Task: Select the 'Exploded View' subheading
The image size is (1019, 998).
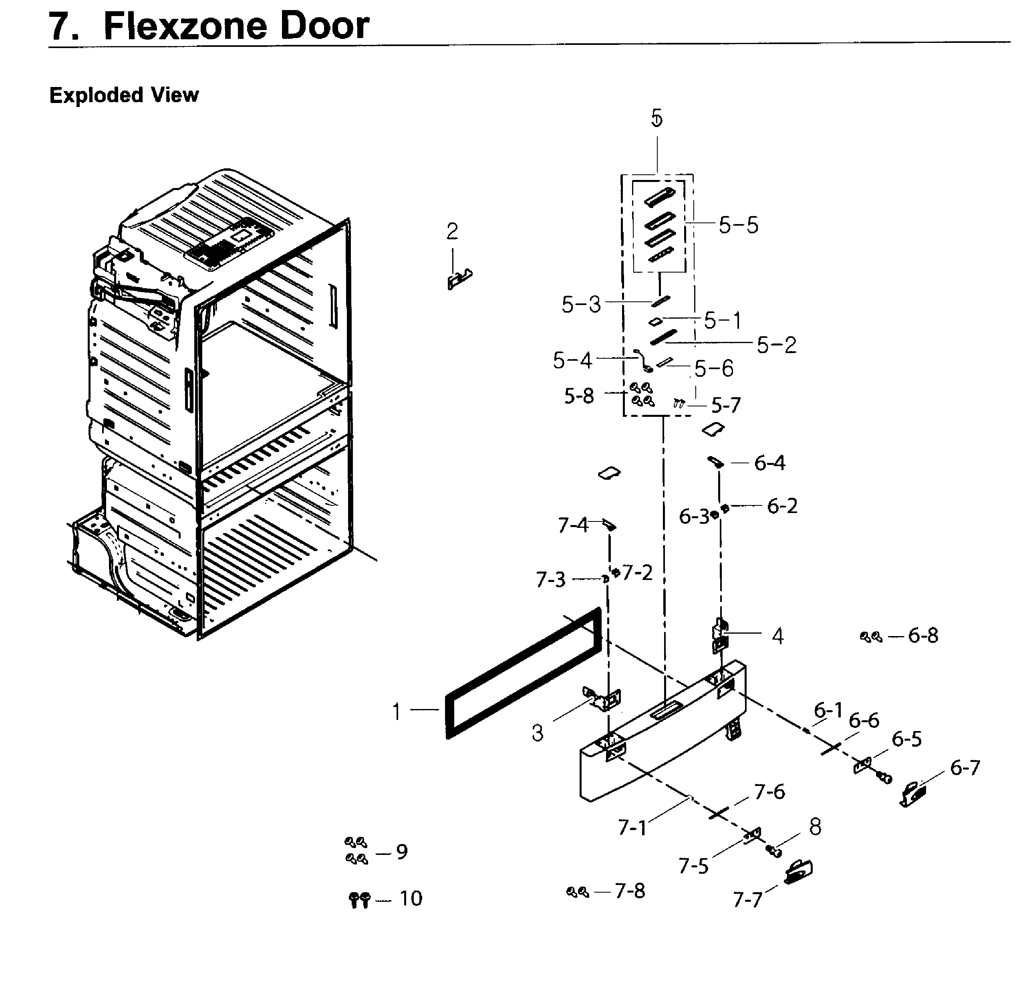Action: pos(124,95)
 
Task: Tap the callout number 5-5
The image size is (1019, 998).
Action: pos(738,225)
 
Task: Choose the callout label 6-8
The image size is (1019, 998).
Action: pos(922,635)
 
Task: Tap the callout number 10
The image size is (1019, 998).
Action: pos(411,899)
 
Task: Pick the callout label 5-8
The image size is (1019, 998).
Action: pos(579,396)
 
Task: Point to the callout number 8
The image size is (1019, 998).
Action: pos(815,827)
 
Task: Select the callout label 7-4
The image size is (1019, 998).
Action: pos(573,525)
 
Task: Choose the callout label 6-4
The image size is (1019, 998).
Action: pos(769,463)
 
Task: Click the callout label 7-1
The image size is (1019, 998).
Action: pos(632,828)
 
